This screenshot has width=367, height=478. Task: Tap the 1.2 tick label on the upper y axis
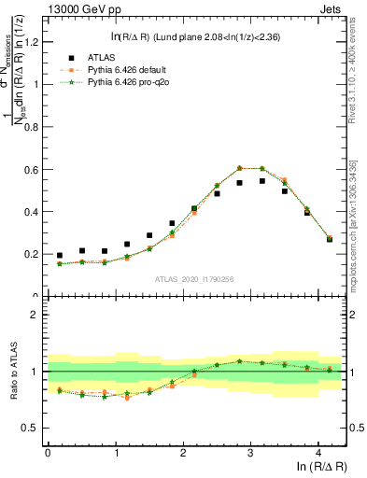click(32, 42)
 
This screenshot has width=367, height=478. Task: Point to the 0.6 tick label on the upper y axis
click(32, 169)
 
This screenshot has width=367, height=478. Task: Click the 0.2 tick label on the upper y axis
click(32, 254)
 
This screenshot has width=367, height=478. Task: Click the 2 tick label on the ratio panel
click(35, 315)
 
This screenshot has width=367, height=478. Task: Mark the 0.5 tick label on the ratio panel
click(32, 428)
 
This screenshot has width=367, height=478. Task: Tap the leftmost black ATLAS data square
click(60, 255)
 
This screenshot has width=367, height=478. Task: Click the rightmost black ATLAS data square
click(329, 239)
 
